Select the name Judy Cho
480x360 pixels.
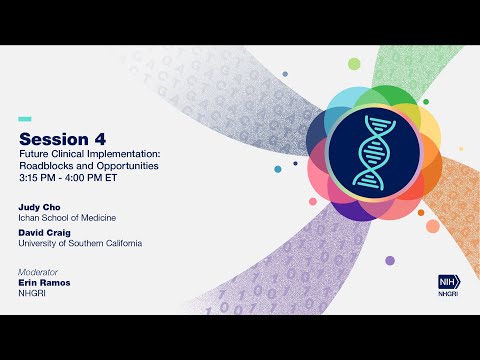[40, 207]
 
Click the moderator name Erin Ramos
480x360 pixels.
[46, 283]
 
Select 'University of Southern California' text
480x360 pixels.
[80, 243]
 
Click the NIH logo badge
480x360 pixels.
[448, 282]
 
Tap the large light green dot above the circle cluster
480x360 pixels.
[354, 64]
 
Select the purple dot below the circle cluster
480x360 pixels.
[389, 261]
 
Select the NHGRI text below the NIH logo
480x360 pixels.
[448, 296]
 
